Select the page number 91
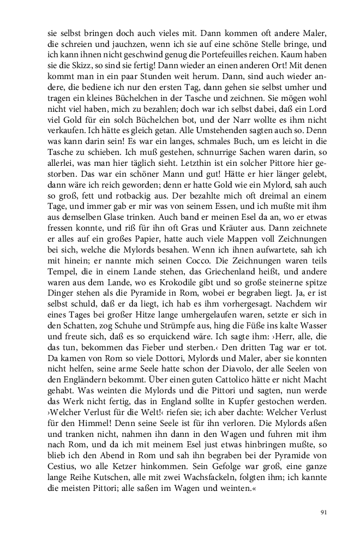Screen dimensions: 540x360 (323, 512)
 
